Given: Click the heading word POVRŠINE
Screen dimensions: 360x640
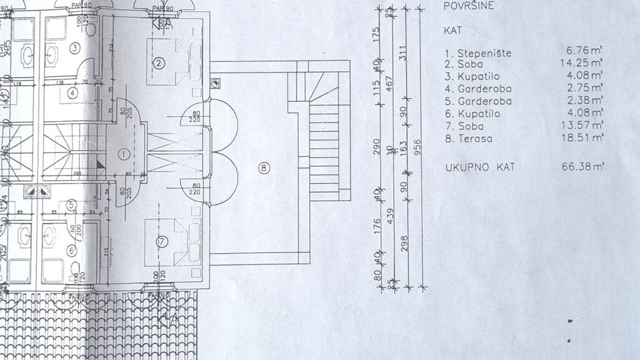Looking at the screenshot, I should click(x=466, y=7).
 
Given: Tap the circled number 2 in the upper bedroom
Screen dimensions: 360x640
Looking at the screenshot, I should click(x=159, y=62).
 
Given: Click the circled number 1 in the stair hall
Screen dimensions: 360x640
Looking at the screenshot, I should click(x=123, y=153).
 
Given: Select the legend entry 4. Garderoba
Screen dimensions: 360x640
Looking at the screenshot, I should click(x=477, y=89).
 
